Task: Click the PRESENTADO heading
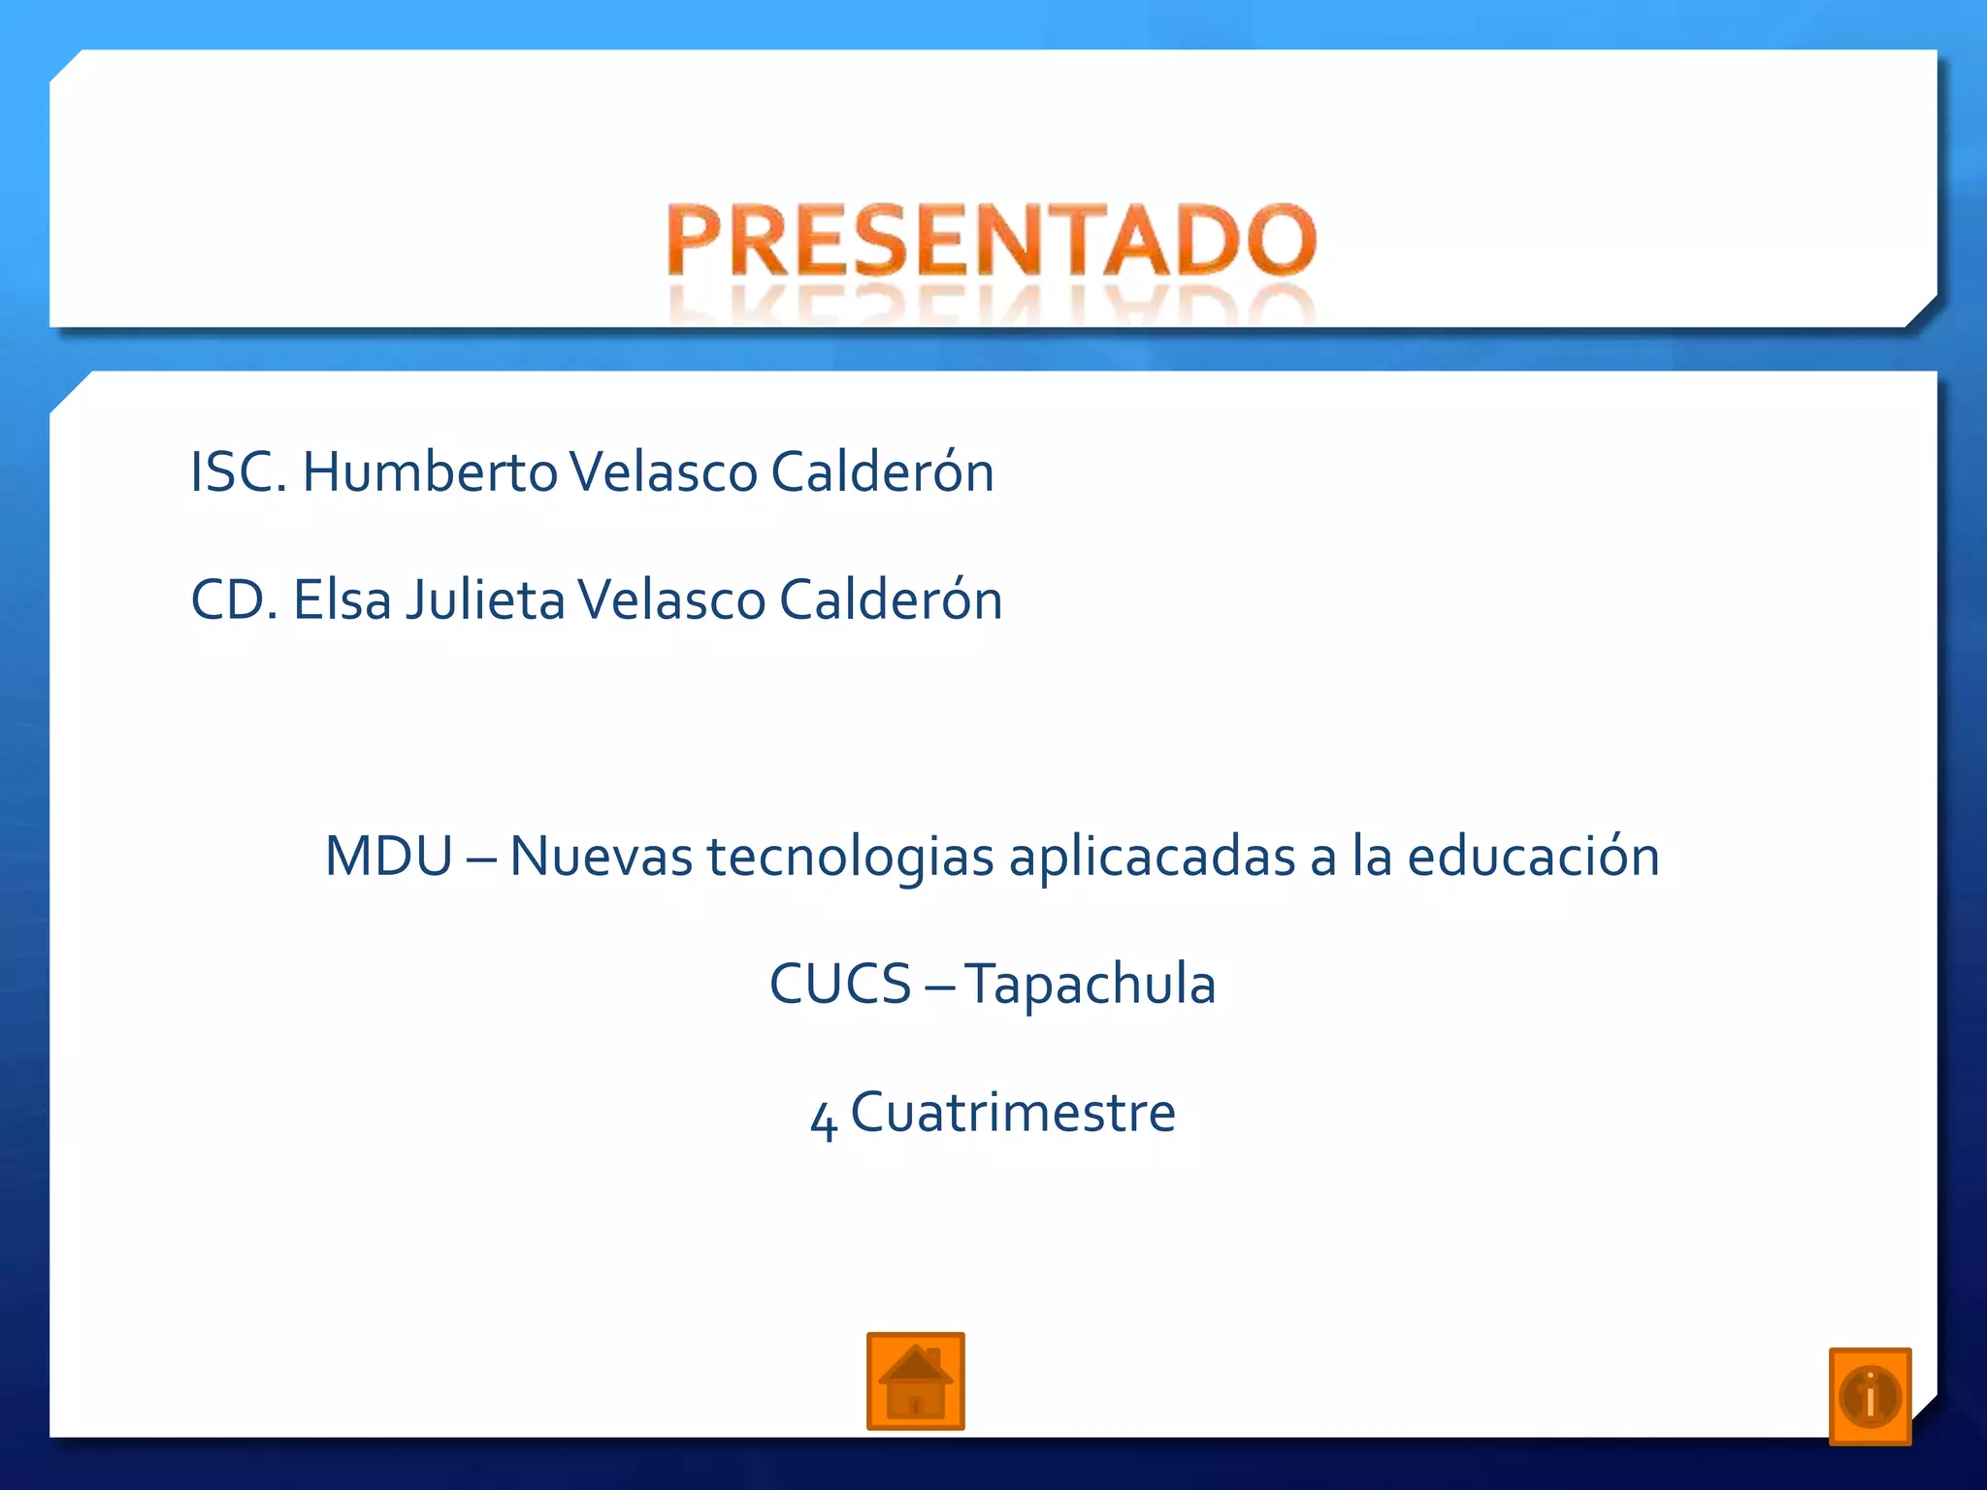tap(992, 241)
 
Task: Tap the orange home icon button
tap(915, 1381)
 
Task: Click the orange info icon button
tap(1870, 1396)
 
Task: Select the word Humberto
tap(430, 472)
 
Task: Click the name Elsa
tap(342, 599)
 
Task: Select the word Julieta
tap(485, 599)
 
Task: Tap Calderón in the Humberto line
tap(882, 472)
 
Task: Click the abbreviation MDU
tap(388, 857)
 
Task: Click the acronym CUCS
tap(840, 984)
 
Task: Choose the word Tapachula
tap(1090, 984)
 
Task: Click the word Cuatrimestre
tap(1013, 1112)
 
